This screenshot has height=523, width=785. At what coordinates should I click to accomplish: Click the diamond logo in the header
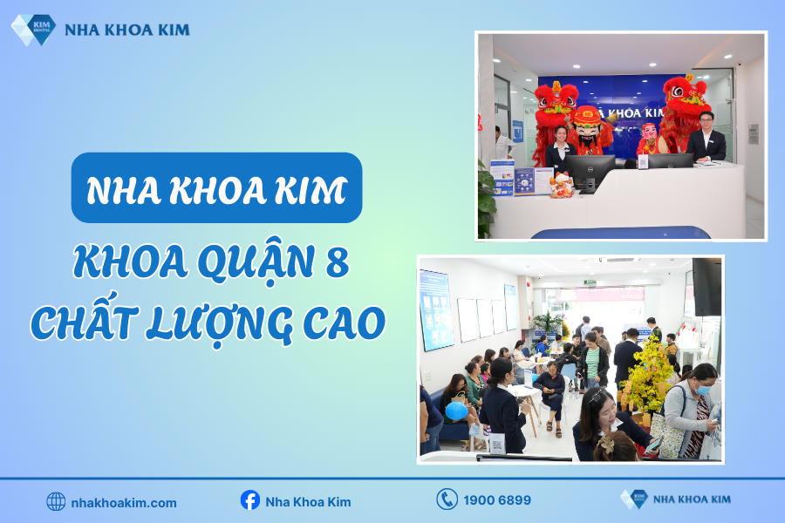pos(33,29)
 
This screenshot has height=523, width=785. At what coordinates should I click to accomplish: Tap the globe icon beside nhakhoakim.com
pos(56,501)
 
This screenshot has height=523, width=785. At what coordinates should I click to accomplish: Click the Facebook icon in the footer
pos(250,500)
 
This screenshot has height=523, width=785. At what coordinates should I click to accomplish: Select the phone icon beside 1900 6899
pos(447,499)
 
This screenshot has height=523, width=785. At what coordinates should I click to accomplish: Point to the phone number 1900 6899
pos(498,500)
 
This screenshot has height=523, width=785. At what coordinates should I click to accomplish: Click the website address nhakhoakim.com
pos(124,502)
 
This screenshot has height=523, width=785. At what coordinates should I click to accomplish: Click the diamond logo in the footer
pos(634,499)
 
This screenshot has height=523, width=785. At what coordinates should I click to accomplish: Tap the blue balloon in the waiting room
pos(456,410)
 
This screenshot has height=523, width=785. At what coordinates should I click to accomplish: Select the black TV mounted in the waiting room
pos(707,286)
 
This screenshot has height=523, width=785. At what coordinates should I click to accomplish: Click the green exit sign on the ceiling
pos(590,282)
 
